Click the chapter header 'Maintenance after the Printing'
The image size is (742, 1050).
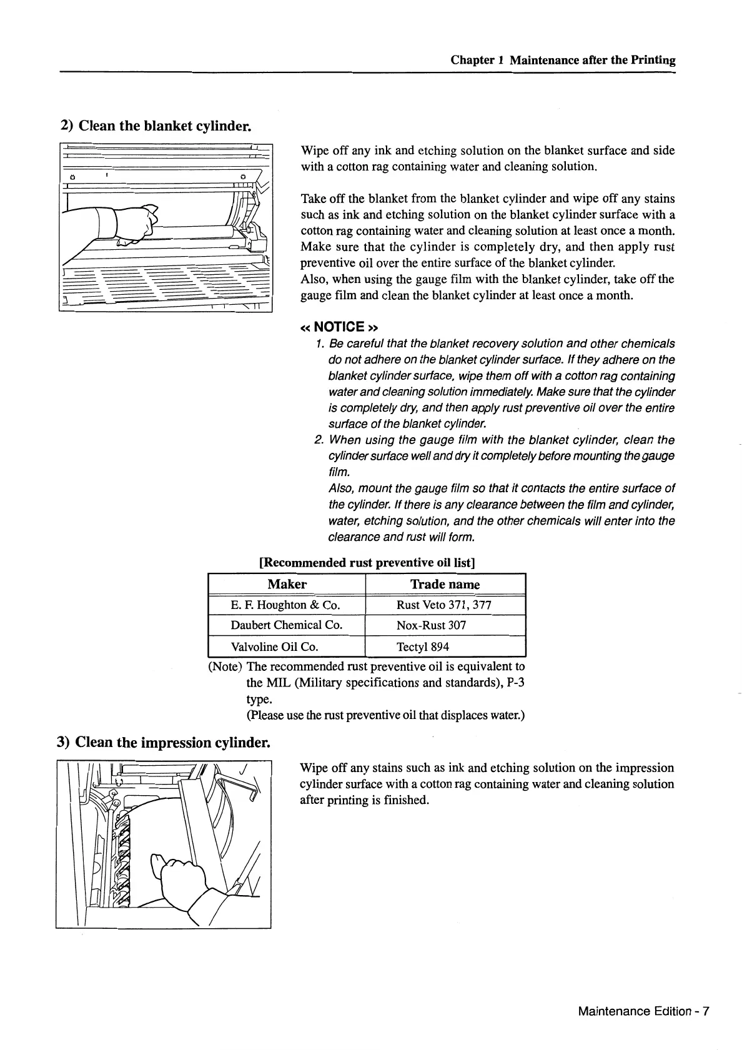point(592,60)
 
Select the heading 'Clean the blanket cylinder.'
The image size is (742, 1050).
point(156,126)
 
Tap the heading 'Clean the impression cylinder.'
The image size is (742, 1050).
point(164,742)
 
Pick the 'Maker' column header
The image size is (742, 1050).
point(287,584)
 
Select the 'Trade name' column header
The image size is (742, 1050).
point(445,584)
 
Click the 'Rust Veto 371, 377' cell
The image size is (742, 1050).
point(444,605)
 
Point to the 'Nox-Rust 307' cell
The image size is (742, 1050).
point(431,625)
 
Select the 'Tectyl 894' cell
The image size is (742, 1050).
point(423,646)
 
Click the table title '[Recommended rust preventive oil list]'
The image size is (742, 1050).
point(367,562)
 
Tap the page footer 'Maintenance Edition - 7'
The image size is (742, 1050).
point(643,1011)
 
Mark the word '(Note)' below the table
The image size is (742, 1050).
point(225,666)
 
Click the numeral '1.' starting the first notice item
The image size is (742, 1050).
point(319,344)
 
